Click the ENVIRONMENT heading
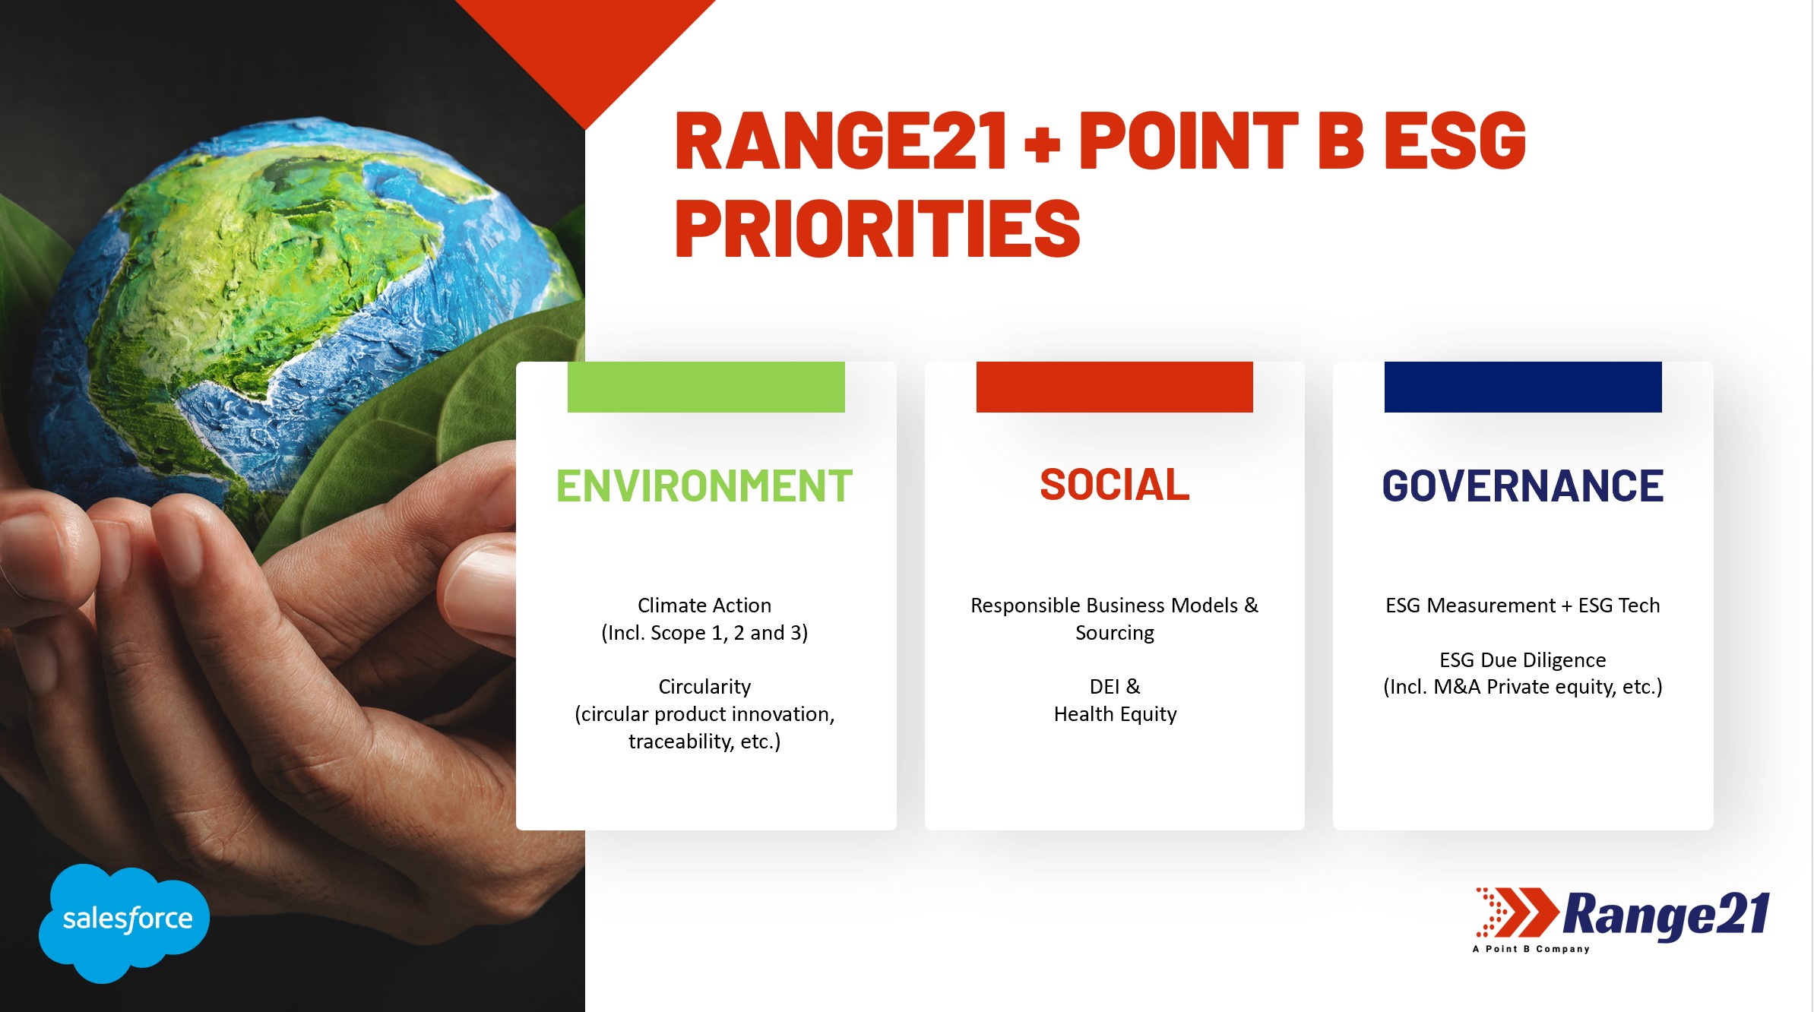(704, 486)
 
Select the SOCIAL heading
(1115, 485)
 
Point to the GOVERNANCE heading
(1523, 486)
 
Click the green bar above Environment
(706, 387)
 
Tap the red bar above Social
(1115, 387)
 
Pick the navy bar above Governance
(1523, 387)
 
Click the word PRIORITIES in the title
(878, 228)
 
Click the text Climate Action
(704, 606)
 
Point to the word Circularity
(704, 687)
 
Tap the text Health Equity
(1115, 714)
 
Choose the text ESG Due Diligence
(1523, 659)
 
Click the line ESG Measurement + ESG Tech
(1523, 606)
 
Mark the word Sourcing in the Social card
(1115, 633)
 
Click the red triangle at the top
(585, 46)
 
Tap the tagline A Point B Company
(1531, 949)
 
